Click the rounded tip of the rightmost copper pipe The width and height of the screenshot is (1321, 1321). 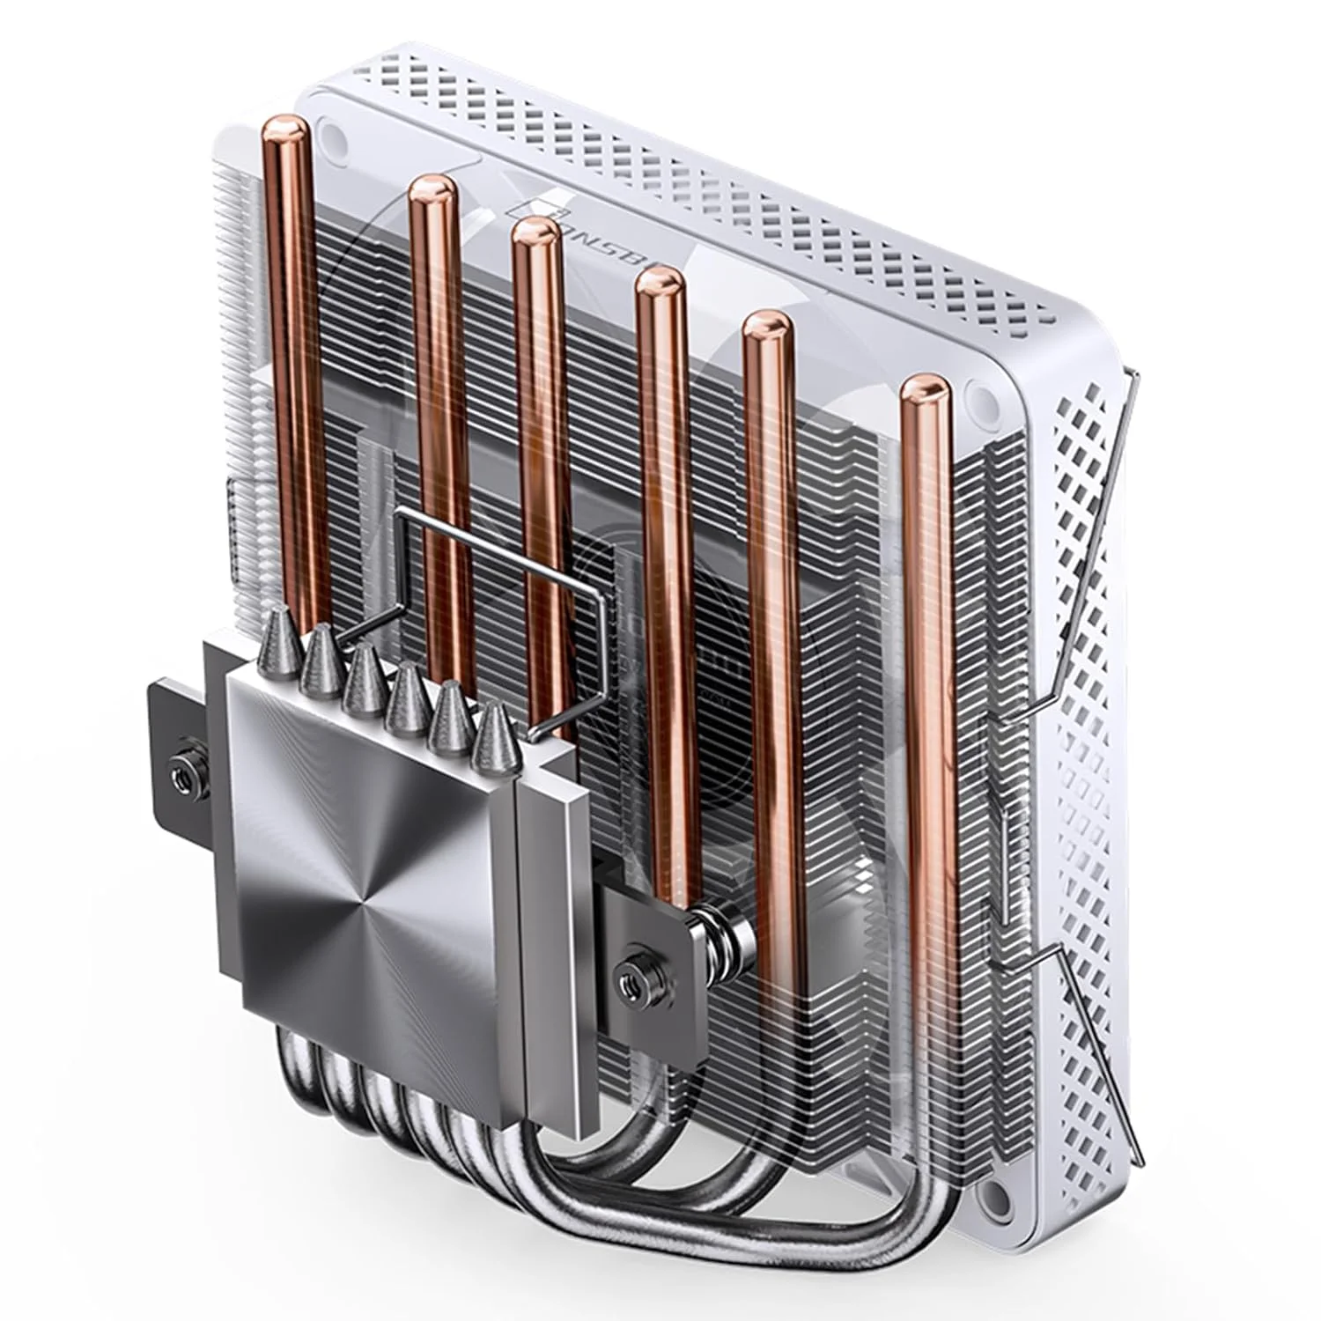tap(924, 388)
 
